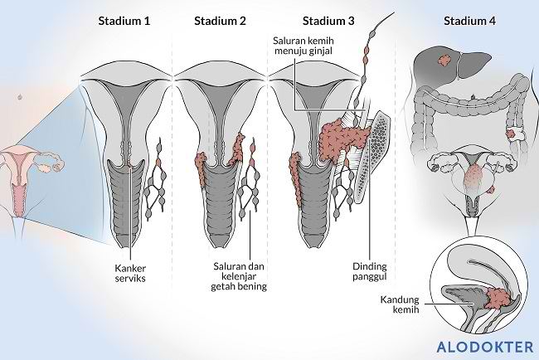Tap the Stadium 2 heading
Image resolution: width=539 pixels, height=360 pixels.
(220, 19)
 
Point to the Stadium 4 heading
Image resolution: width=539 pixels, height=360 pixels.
(469, 19)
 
